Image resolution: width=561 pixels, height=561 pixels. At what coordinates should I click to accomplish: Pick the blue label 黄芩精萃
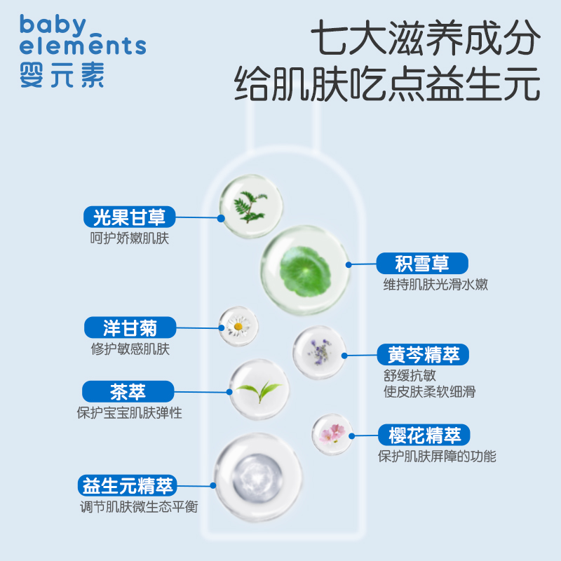[x=424, y=354]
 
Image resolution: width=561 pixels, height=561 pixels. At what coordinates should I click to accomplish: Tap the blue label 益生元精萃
[x=128, y=485]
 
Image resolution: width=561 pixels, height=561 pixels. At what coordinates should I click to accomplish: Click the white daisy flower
[x=238, y=325]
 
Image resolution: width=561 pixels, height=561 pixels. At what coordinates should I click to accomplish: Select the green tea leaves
[x=259, y=388]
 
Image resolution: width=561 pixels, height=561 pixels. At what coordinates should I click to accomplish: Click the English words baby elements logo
[x=83, y=35]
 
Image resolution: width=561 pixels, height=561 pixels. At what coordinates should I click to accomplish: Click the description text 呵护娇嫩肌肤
[x=129, y=238]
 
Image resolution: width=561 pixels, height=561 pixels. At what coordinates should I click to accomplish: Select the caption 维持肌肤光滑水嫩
[x=435, y=285]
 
